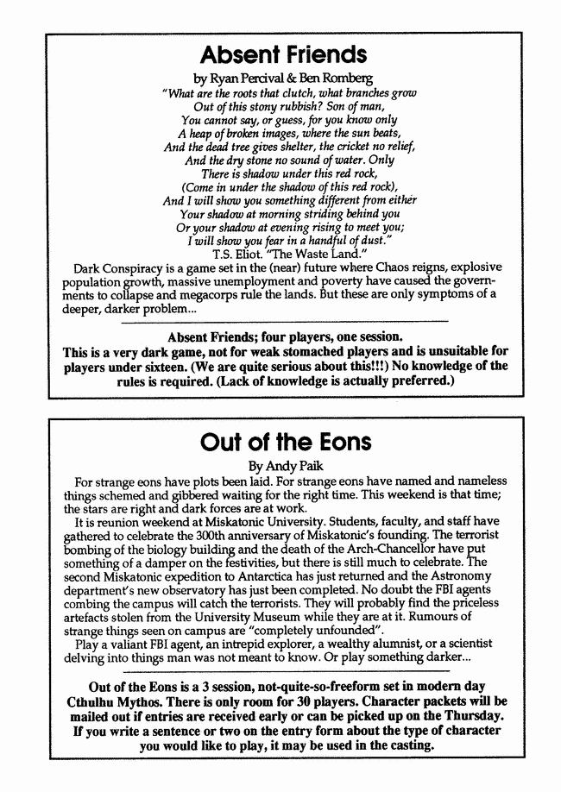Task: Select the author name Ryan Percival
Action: click(x=252, y=78)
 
